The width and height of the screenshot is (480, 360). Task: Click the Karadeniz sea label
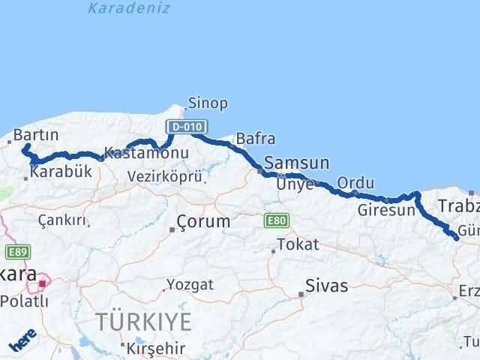coord(129,8)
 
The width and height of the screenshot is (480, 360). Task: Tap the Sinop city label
coord(208,103)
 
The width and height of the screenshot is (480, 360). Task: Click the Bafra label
coord(255,139)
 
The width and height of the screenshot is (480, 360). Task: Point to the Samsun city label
coord(297,163)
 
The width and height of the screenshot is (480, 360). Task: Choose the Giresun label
coord(386,210)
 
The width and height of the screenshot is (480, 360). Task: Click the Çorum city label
coord(203,222)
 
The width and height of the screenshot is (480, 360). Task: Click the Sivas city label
coord(327,286)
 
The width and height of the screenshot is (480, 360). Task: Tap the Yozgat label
coord(190,285)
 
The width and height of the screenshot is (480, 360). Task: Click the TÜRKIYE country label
coord(143,322)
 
